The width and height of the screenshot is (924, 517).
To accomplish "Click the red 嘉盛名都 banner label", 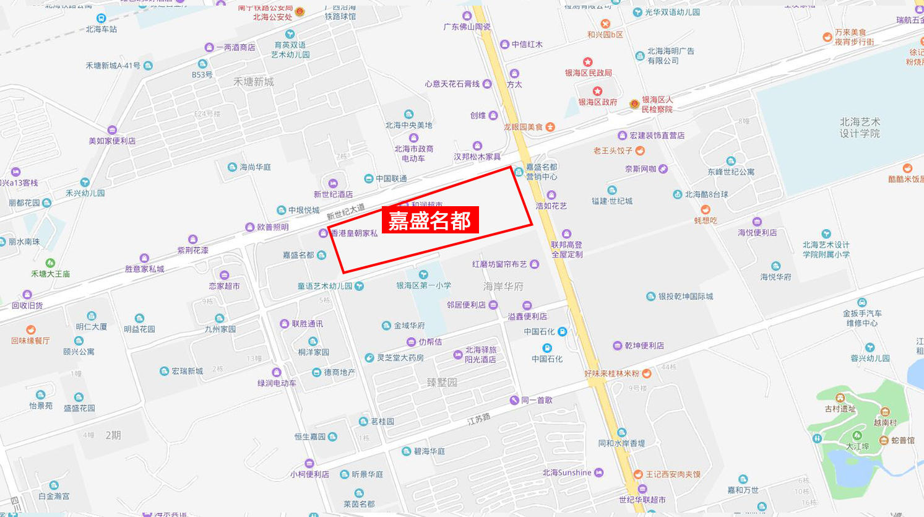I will tap(430, 220).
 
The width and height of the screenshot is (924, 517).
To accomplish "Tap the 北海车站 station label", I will tap(101, 29).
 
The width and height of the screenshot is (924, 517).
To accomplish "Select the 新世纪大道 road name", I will tap(345, 212).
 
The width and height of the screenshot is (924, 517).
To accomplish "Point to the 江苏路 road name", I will tap(478, 419).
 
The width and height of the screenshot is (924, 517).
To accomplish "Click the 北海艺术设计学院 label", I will tap(860, 128).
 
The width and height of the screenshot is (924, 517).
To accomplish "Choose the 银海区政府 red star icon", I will tap(597, 91).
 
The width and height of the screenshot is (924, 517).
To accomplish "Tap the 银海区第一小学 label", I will tap(424, 285).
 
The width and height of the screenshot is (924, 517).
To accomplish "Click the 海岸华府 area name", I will tap(503, 286).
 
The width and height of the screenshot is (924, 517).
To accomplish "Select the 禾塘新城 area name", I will tap(253, 82).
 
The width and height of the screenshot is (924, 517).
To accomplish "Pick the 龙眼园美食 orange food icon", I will tap(550, 127).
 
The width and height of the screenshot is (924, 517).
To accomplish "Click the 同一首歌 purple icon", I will tap(514, 400).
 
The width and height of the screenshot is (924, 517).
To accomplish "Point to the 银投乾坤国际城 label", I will tap(686, 297).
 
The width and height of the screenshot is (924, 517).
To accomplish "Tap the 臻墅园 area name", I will tap(442, 382).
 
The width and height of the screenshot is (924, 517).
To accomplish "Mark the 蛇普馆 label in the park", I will tap(903, 440).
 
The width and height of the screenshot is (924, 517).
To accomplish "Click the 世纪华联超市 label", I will tap(642, 500).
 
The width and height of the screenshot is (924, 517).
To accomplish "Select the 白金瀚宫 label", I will tap(54, 496).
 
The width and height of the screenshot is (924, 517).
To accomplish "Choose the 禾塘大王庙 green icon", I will tap(51, 263).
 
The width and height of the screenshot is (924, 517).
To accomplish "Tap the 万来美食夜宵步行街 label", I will tap(854, 37).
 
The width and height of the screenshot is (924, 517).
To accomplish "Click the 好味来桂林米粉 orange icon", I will tap(647, 373).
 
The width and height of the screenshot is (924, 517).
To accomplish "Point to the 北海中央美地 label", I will tap(408, 125).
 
